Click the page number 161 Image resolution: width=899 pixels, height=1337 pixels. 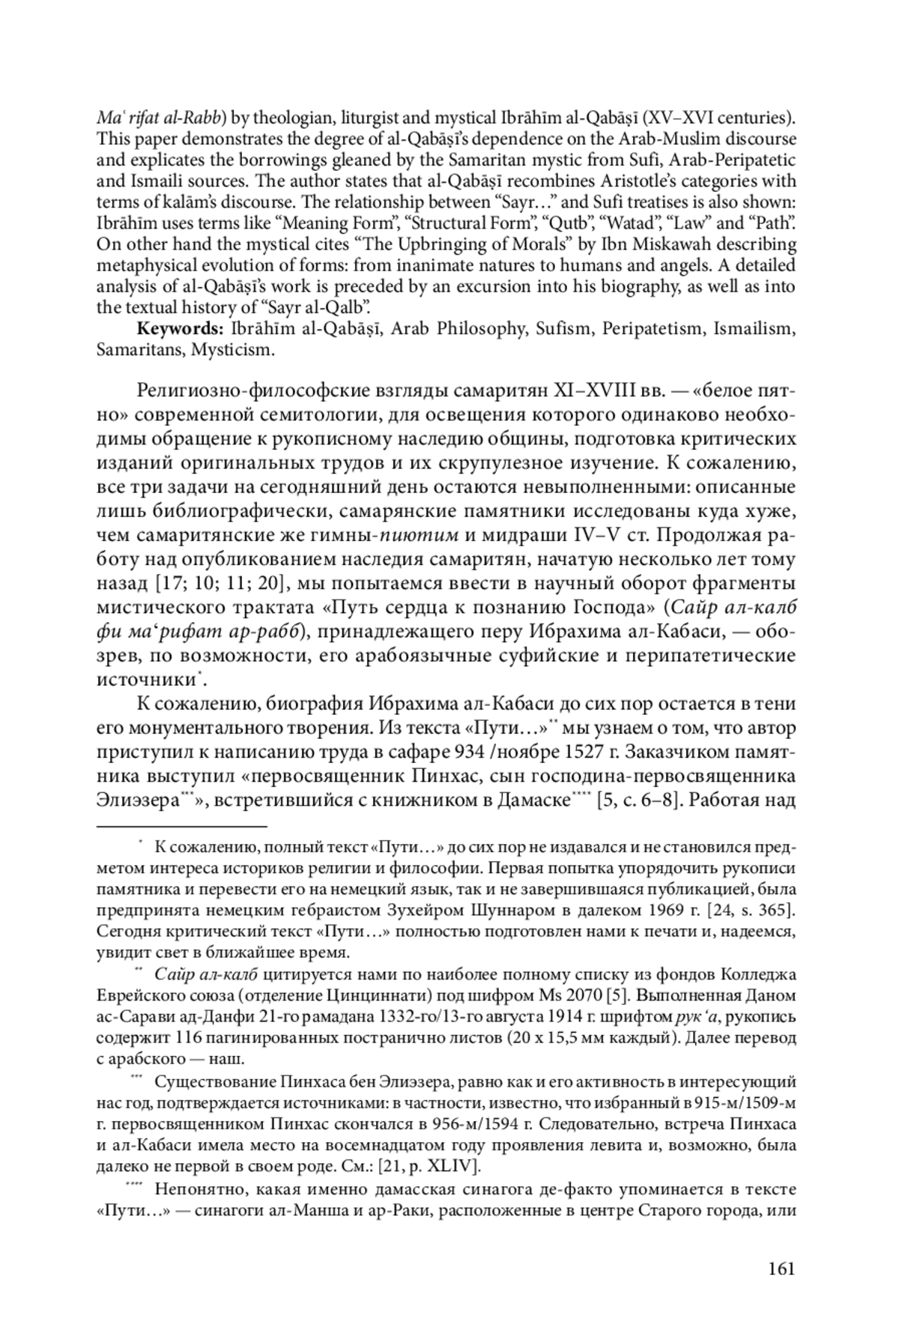(x=781, y=1268)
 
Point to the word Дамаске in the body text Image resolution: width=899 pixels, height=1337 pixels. (x=531, y=800)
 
